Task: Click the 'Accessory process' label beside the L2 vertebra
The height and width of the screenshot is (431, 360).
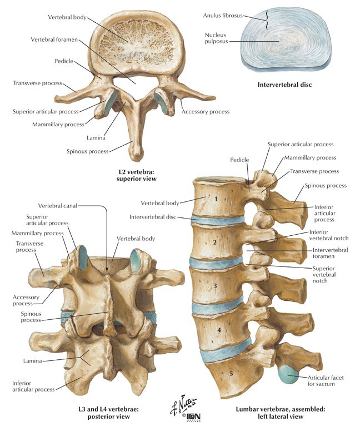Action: pos(205,112)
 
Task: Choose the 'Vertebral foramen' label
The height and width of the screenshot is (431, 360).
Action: pos(54,40)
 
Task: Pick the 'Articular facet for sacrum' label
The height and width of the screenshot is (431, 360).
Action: pos(327,382)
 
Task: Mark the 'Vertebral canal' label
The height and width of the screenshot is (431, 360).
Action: pos(57,205)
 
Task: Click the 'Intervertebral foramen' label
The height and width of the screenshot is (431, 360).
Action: pos(330,254)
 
